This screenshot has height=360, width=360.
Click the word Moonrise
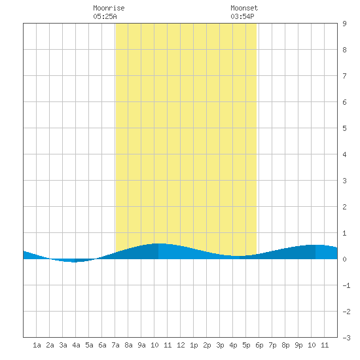click(109, 8)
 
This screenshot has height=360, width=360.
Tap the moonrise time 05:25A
click(105, 16)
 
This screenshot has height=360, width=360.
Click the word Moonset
click(244, 8)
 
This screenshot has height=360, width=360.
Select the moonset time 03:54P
click(242, 16)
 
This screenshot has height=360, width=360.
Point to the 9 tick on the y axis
click(344, 24)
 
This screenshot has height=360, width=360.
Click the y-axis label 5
click(344, 128)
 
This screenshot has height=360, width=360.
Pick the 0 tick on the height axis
click(344, 259)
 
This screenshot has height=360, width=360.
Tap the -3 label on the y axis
click(346, 338)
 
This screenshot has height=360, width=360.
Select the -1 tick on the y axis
click(346, 285)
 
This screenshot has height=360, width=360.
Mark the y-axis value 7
click(344, 76)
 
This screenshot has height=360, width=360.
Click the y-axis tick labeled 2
click(344, 207)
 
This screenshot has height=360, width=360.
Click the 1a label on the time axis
click(37, 345)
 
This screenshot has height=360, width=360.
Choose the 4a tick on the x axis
click(76, 345)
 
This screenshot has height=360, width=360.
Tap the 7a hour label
click(115, 345)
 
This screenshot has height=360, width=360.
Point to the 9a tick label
click(141, 345)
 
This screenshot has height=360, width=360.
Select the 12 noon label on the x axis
click(181, 345)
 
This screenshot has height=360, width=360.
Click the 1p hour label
click(194, 345)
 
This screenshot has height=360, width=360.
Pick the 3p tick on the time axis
click(220, 345)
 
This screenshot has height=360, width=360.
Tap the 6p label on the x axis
click(259, 345)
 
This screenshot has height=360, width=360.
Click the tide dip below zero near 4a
click(73, 261)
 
